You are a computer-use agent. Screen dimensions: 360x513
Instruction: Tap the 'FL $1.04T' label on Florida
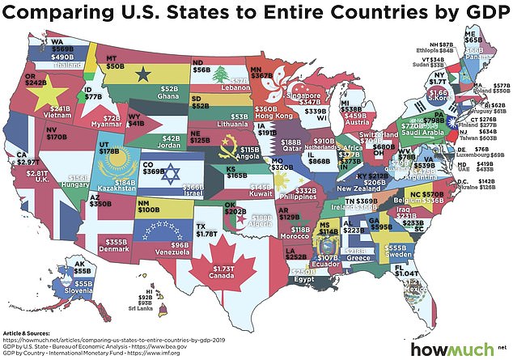point(409,273)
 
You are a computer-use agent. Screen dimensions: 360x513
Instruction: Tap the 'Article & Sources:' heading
point(31,332)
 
